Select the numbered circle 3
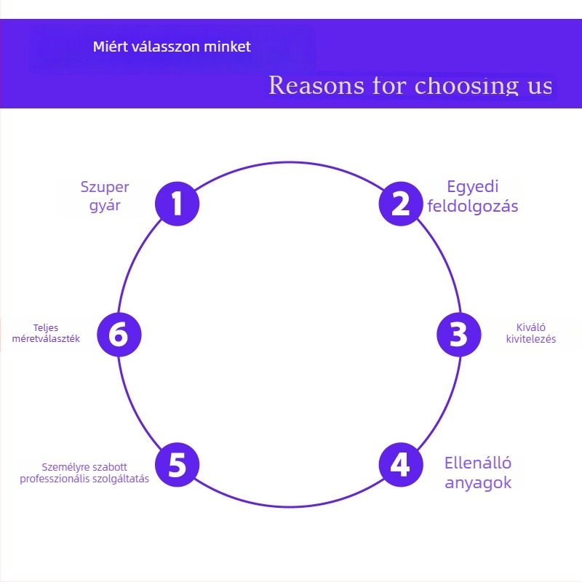[x=458, y=335]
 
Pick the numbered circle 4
[x=401, y=464]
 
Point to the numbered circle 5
[x=178, y=464]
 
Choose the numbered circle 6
[x=119, y=335]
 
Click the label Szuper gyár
[x=105, y=196]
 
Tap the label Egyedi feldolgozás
[x=473, y=196]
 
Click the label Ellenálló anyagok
[x=478, y=473]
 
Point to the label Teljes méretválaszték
[x=46, y=332]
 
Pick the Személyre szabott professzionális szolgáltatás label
[x=84, y=472]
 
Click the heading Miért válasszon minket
[x=172, y=47]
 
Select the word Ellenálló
[x=478, y=463]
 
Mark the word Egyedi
[x=473, y=186]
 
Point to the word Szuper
[x=105, y=187]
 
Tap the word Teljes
[x=46, y=327]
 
